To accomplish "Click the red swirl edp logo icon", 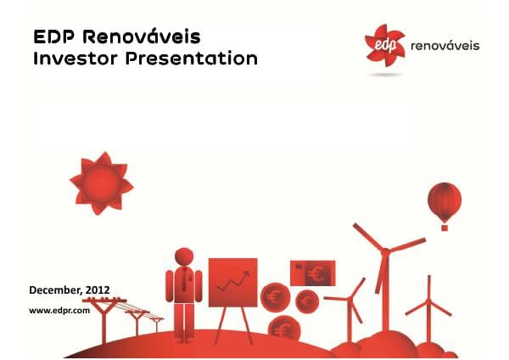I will (383, 44).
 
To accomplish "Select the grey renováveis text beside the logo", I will (444, 45).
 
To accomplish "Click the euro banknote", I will (312, 273).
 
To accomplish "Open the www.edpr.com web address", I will (59, 311).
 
